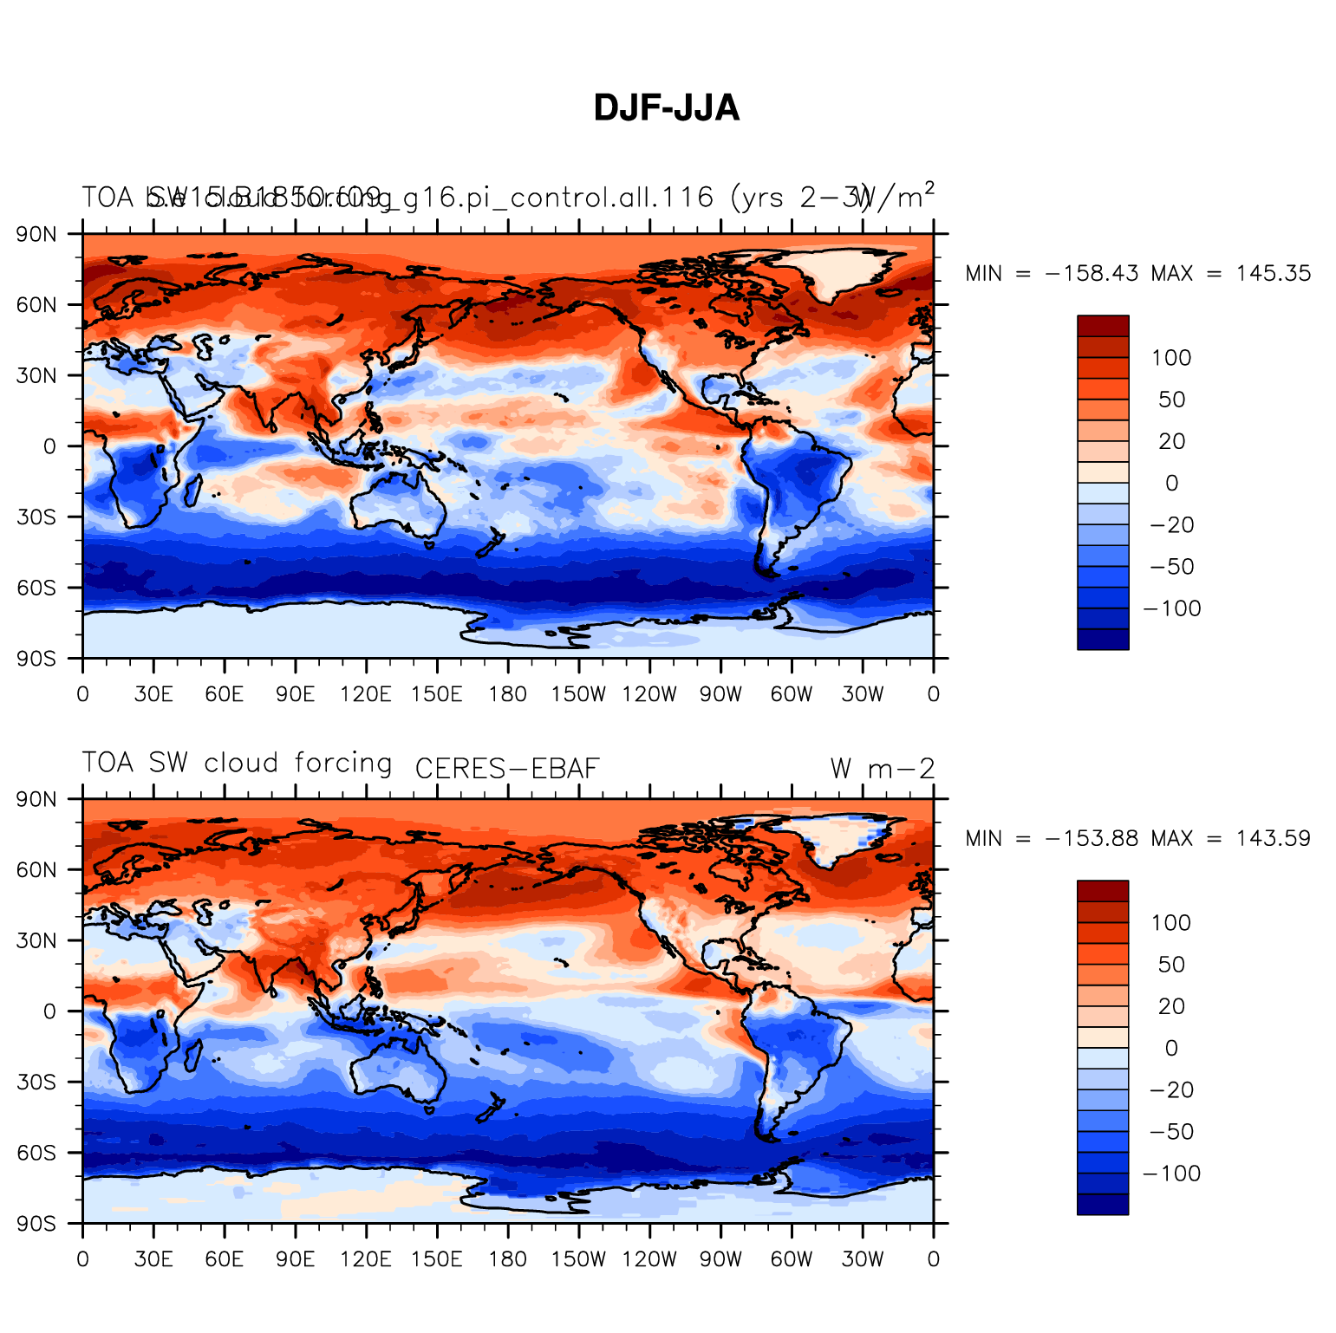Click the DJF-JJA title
pos(666,108)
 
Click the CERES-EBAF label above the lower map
pos(507,769)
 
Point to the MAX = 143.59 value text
pos(1230,839)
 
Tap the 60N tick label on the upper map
pos(37,305)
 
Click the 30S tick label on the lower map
pos(37,1083)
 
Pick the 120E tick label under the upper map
pos(365,694)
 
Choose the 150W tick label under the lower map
pos(578,1259)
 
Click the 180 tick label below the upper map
pos(507,694)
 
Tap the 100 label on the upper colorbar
pos(1171,358)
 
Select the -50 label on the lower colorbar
pos(1171,1132)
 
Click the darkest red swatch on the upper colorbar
pos(1103,326)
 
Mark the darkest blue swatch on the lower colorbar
pos(1103,1204)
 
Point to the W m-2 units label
pos(883,769)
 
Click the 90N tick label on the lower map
pos(37,799)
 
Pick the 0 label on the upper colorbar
pos(1171,484)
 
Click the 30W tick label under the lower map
pos(862,1259)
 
